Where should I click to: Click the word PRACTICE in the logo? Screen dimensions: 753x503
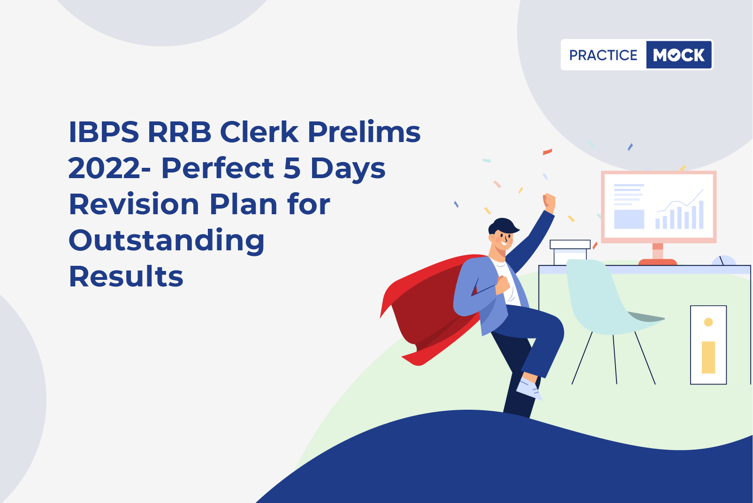(603, 55)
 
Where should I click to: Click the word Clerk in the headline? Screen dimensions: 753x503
(259, 132)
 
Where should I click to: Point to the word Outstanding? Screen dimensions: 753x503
(167, 241)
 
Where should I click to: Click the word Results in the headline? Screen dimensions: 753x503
(126, 277)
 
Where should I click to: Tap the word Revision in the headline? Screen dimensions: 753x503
(134, 204)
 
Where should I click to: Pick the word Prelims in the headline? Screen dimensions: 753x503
(364, 132)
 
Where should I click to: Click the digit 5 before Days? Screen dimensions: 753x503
(292, 168)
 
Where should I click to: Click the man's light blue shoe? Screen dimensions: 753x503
(529, 390)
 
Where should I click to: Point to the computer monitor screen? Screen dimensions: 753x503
(659, 207)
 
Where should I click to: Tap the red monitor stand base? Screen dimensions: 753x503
(658, 262)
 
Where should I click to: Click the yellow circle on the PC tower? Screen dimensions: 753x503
(708, 322)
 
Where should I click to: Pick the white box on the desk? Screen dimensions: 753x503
(570, 252)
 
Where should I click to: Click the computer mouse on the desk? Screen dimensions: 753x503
(724, 261)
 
